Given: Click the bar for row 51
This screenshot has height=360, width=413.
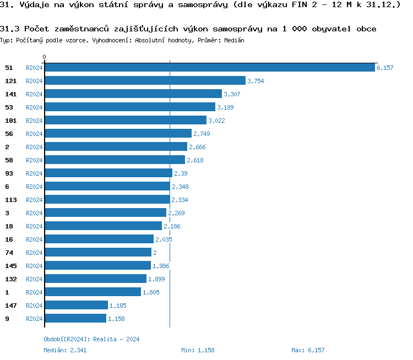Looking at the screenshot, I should [209, 68].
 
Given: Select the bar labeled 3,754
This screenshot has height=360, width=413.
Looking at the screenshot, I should [145, 81].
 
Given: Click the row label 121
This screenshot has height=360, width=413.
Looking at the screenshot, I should [10, 81].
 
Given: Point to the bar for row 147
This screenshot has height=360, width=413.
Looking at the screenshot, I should [76, 306].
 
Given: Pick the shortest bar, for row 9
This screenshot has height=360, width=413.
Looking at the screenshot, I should [75, 319].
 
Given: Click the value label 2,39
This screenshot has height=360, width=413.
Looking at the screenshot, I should [181, 173].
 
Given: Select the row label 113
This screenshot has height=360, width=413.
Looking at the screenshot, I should [10, 200].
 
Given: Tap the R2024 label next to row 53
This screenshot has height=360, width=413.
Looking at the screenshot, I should [34, 107].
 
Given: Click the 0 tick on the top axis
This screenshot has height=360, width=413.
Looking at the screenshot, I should [45, 57].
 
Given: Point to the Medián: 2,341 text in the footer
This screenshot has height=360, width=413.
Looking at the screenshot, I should [65, 350].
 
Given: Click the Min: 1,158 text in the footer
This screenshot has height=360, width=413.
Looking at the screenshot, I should [198, 350].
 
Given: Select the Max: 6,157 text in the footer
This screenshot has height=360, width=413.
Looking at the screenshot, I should [308, 350].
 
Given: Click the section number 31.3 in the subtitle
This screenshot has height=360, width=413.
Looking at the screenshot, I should [10, 29].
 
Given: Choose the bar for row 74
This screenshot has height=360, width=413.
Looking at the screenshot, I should [98, 253].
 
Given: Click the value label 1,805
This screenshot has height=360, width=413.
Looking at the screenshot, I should [151, 292].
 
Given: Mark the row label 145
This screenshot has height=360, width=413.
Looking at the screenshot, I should [10, 266].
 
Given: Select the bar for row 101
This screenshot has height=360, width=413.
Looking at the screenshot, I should [126, 121].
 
